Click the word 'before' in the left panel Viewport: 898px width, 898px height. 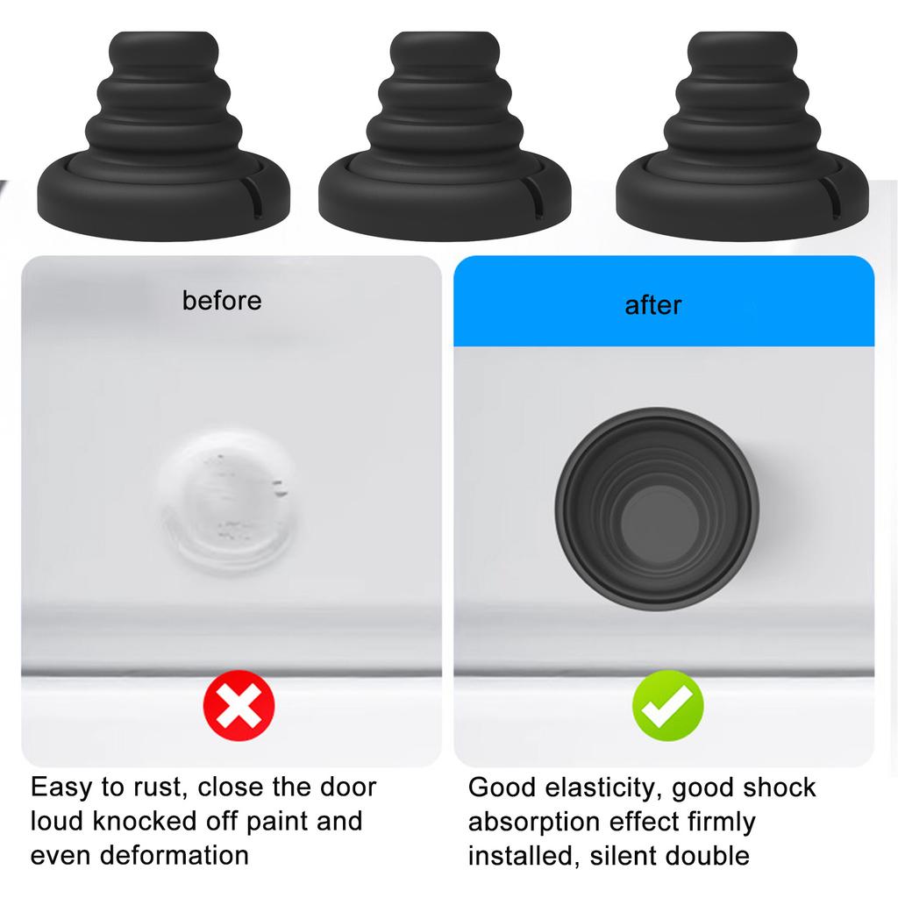[x=222, y=301]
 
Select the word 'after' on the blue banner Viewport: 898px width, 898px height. [x=653, y=305]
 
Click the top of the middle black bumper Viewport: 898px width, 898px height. [x=445, y=39]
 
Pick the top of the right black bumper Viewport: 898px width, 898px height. [x=742, y=39]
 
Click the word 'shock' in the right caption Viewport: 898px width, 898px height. [x=780, y=788]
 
